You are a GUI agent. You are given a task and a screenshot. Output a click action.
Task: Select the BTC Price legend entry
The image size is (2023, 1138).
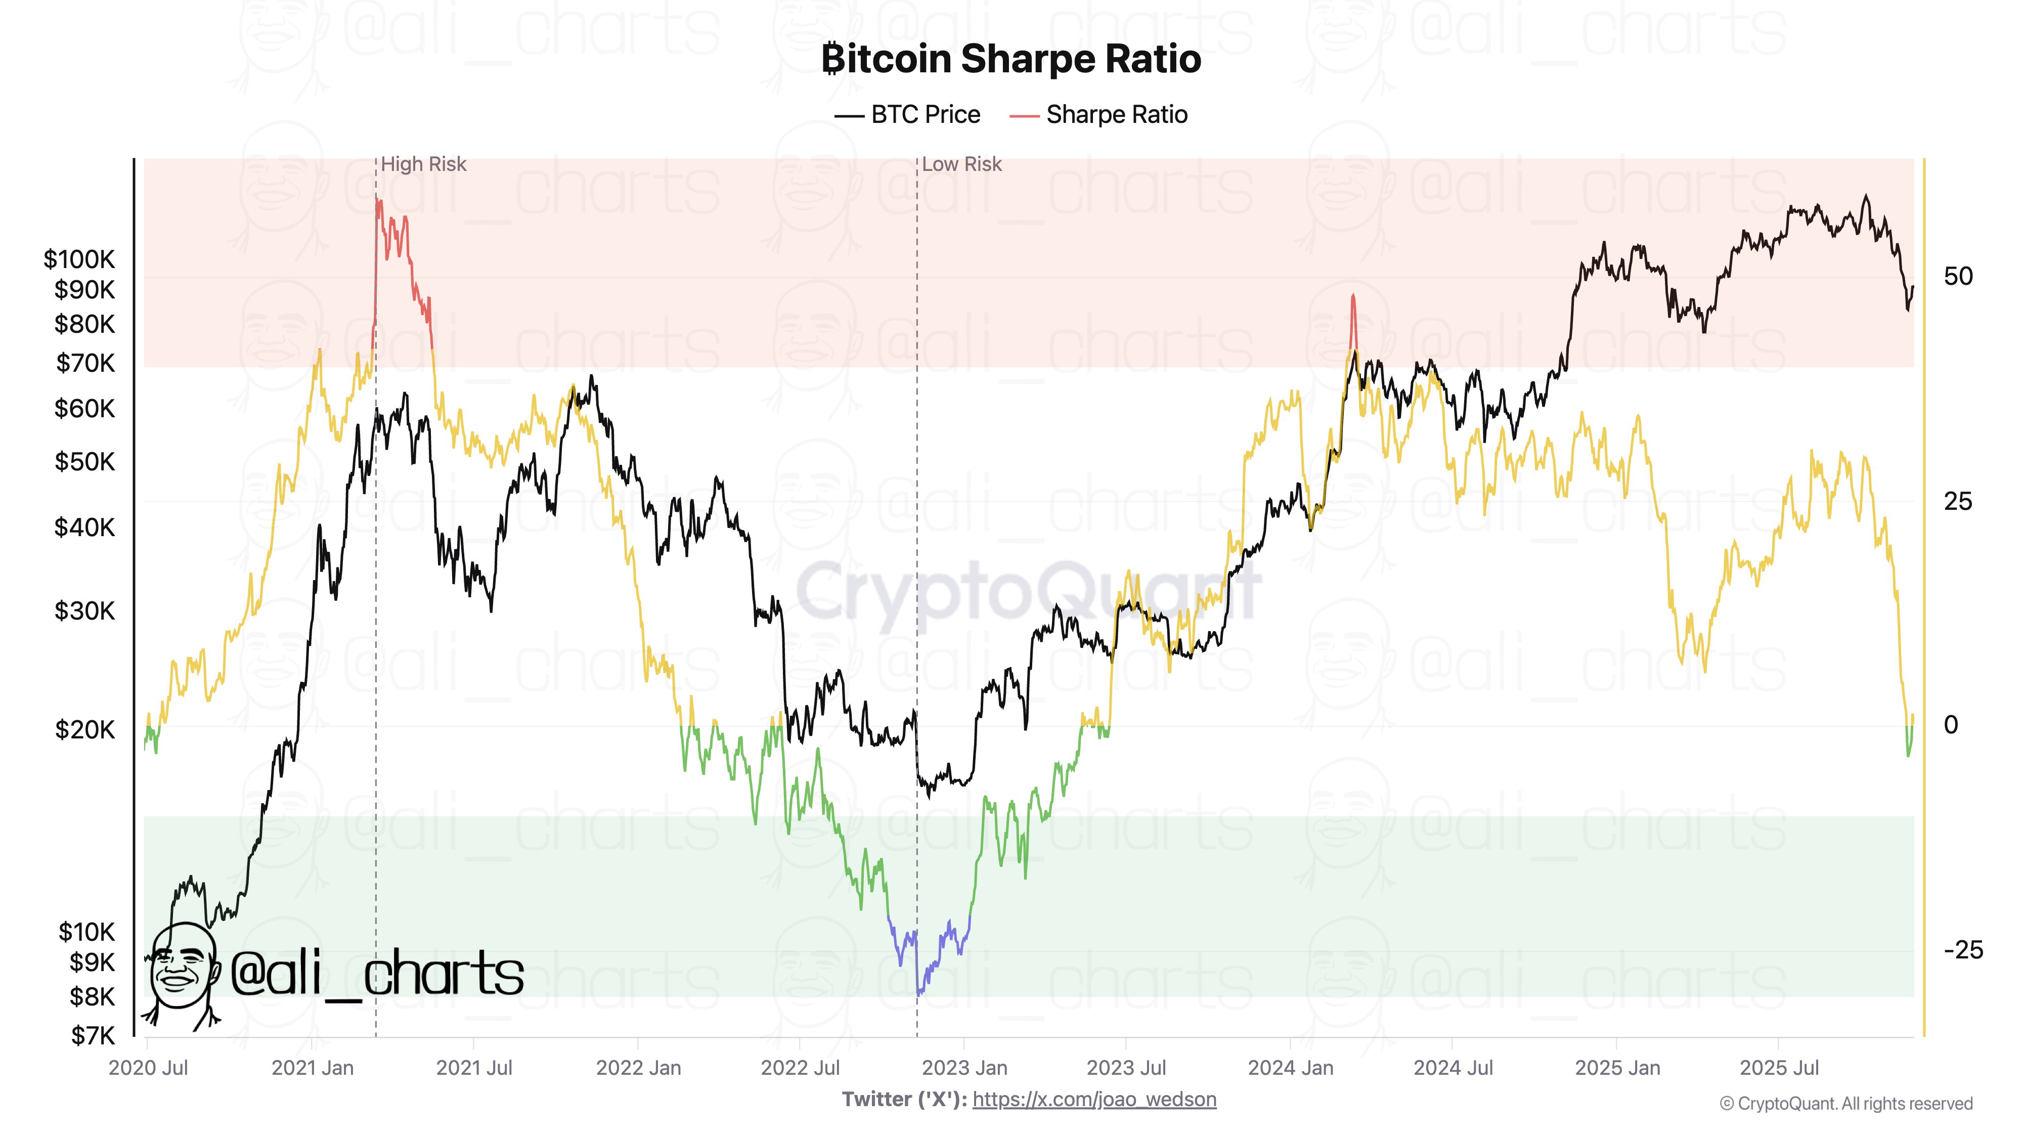click(908, 115)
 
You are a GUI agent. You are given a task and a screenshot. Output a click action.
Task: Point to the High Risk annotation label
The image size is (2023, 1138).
click(423, 164)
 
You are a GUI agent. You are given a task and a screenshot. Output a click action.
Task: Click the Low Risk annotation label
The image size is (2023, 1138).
click(961, 164)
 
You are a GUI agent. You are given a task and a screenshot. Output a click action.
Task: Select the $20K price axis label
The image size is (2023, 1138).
click(84, 730)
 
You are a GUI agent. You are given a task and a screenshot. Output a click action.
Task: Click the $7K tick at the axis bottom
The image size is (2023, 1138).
click(92, 1036)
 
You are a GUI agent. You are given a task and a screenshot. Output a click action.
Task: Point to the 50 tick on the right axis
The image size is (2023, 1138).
click(1958, 276)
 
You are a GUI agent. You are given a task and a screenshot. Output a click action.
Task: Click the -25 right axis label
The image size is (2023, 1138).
click(1962, 950)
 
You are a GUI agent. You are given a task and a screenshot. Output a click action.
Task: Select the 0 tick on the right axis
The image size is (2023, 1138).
click(1951, 725)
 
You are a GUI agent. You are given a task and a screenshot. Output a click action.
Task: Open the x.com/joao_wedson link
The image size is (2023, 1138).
click(1094, 1100)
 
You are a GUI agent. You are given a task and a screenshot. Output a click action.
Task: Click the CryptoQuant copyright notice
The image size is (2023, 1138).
click(1845, 1104)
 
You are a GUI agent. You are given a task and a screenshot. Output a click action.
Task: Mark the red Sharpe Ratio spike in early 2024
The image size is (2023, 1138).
click(1352, 318)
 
